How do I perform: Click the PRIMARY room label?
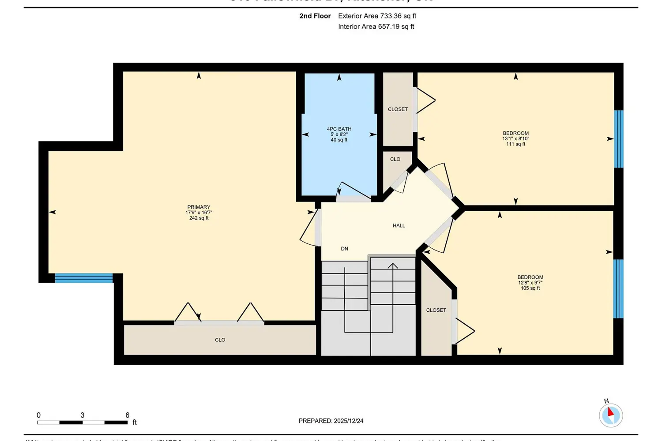199,207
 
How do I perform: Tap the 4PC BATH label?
339,129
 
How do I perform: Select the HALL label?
399,226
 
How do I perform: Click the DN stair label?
344,249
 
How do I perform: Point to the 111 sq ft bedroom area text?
515,144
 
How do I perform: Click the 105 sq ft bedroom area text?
530,288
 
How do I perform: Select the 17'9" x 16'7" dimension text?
199,213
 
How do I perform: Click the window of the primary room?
84,278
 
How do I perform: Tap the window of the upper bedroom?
619,139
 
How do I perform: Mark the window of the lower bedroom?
618,289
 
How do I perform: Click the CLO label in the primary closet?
220,340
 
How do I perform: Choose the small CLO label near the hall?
395,159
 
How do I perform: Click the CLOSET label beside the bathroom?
398,109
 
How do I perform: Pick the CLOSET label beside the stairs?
436,310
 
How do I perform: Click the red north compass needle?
611,412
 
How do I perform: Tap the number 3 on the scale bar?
83,415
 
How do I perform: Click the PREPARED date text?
331,421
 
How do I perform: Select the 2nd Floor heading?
315,16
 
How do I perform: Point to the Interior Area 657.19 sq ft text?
376,26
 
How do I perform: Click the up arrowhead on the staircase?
393,265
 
